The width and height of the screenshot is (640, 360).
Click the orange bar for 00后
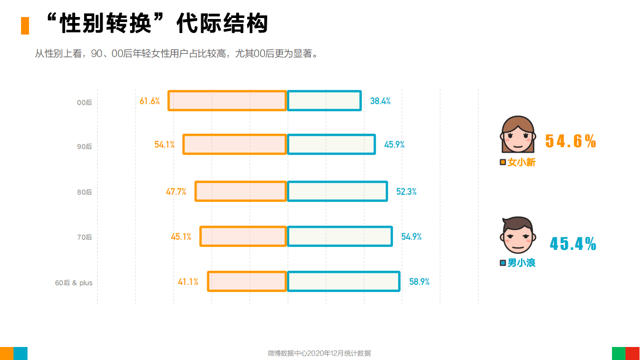coord(227,101)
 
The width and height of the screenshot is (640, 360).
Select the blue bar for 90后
coord(331,145)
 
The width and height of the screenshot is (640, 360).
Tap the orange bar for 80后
coord(241,192)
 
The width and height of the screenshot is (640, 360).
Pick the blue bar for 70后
coord(339,237)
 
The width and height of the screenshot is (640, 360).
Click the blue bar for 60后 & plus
coord(343,281)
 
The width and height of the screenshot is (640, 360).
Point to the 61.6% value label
coord(150,101)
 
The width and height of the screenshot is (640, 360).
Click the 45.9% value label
coord(394,145)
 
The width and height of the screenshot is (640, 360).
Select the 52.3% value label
coord(406,192)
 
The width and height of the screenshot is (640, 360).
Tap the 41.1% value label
coord(188,282)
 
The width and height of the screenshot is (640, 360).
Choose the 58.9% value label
coord(419,282)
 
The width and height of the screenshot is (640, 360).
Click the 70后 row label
coord(85,237)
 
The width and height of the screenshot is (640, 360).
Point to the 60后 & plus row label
coord(74,283)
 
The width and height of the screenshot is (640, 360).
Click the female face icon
coord(517,135)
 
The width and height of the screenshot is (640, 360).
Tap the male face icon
coord(518,236)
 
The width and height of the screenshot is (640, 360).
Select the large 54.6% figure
coord(570,141)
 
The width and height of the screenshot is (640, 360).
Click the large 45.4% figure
coord(573,244)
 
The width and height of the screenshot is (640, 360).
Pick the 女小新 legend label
coord(521,163)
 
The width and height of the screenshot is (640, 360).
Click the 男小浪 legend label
coord(521,263)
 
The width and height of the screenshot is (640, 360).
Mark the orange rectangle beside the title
coord(25,26)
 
